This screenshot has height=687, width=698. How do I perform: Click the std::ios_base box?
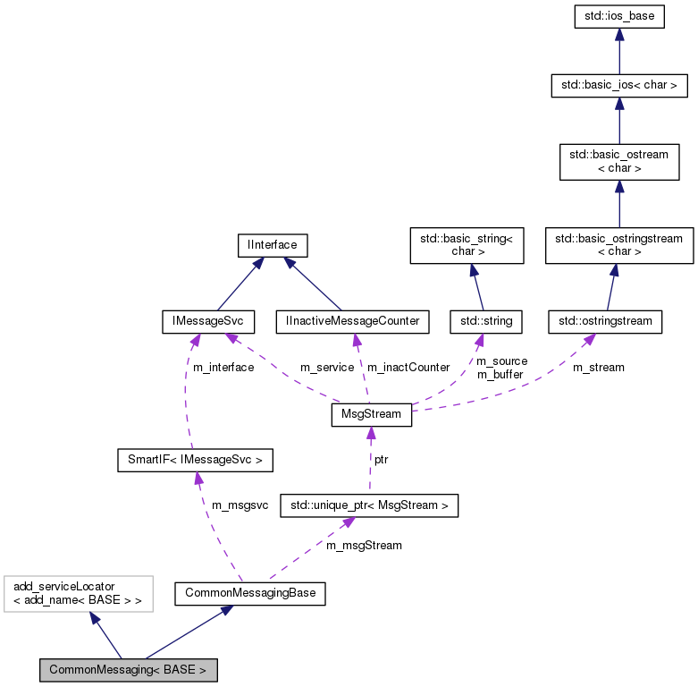[619, 17]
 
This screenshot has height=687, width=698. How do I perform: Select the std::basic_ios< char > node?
[619, 87]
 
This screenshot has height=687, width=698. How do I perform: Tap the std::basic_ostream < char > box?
[619, 162]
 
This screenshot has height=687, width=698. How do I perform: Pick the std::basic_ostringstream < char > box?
[619, 245]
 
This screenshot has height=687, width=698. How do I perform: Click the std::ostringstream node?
[604, 320]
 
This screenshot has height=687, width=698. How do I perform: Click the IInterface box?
[273, 243]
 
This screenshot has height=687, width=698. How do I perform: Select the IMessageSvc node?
[208, 320]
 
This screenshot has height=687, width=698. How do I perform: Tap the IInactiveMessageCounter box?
[352, 320]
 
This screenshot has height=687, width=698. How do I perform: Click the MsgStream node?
[371, 415]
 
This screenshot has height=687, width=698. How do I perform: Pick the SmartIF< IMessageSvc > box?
[195, 461]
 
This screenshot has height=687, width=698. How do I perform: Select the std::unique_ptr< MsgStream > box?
[369, 506]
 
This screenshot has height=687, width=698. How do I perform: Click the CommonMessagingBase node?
[249, 592]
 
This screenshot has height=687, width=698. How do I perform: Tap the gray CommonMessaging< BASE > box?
[128, 669]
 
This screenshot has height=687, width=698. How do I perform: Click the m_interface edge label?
[223, 368]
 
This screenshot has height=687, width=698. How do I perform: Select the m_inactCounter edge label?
[408, 368]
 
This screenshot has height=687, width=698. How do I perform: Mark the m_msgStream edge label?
[364, 545]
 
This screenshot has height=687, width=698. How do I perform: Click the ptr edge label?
[381, 459]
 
